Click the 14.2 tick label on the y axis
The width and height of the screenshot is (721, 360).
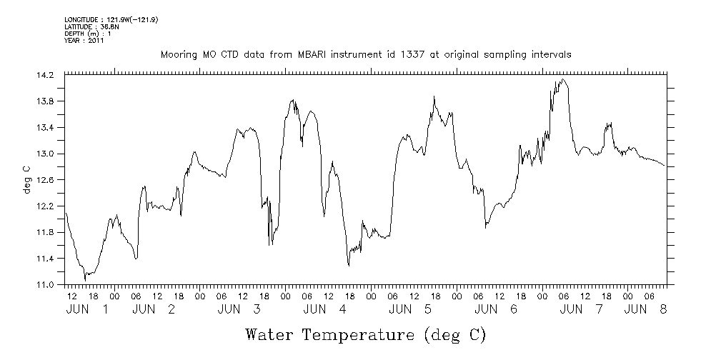coord(44,75)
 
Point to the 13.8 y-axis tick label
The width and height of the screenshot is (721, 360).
coord(44,101)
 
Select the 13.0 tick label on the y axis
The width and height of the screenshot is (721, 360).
coord(44,154)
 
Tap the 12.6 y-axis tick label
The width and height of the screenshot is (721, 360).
coord(44,180)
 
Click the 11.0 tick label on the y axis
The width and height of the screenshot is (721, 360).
coord(44,284)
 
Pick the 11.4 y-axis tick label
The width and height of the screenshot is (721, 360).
coord(44,259)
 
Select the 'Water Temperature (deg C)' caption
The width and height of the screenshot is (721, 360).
coord(366,334)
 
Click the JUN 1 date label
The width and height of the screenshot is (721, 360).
coord(87,309)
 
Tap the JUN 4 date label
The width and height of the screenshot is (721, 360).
coord(325,309)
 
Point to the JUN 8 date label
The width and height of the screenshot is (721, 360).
coord(646,309)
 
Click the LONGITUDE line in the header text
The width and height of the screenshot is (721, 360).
coord(111,20)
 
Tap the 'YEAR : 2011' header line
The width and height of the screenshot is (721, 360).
coord(84,41)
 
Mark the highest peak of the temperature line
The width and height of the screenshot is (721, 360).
coord(563,79)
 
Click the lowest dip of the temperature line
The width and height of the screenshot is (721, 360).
coord(85,279)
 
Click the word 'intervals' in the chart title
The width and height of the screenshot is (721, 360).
coord(551,54)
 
